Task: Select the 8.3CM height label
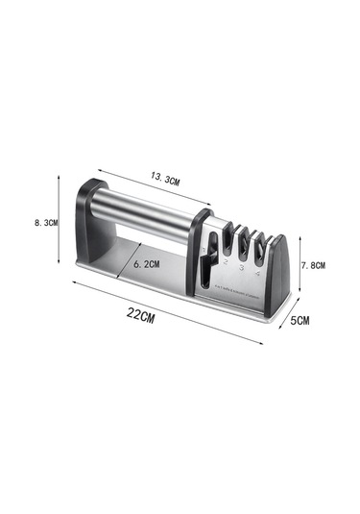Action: (x=45, y=222)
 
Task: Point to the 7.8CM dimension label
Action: (x=314, y=264)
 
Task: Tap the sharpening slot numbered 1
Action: (x=208, y=252)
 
